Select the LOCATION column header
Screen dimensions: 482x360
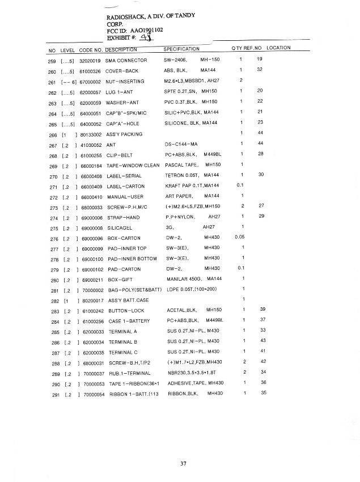point(278,48)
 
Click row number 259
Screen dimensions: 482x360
point(52,60)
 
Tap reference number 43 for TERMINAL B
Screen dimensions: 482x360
point(262,341)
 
